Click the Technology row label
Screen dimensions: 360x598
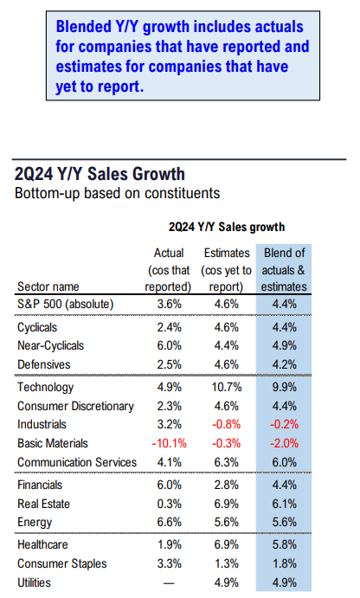pos(45,388)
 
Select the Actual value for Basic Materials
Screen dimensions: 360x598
pos(170,444)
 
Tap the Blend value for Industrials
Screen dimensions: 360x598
pos(284,424)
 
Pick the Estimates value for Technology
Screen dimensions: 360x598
pos(227,387)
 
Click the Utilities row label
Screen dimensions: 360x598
pos(34,582)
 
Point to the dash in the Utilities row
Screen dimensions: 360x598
pos(169,583)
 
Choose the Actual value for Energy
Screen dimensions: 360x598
pos(170,522)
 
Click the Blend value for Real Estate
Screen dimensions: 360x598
pos(284,504)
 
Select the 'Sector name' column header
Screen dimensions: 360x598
pos(48,286)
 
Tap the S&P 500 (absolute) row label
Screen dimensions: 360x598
pos(66,305)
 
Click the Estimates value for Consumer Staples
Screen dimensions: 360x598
pos(227,563)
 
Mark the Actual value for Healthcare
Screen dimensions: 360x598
pos(170,544)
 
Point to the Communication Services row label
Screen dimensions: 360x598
pos(77,462)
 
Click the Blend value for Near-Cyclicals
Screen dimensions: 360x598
pos(284,345)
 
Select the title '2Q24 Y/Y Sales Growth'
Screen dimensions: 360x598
pos(100,174)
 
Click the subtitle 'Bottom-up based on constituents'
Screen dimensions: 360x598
pos(117,193)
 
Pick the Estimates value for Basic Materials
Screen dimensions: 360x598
pos(227,444)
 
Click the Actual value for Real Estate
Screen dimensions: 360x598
pos(170,504)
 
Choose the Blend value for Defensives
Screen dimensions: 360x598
pos(284,364)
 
